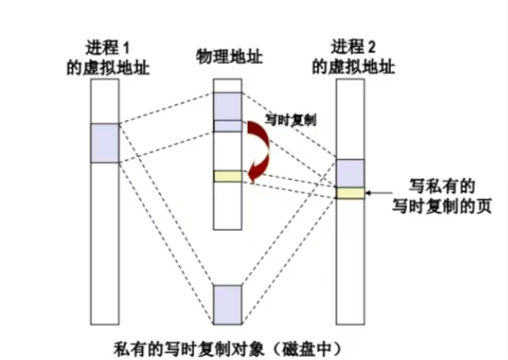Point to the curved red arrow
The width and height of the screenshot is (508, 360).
coord(260,151)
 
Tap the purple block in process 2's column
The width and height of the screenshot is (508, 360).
coord(350,173)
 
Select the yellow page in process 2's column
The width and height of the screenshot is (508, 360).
coord(350,193)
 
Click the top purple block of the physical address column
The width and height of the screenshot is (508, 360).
coord(226,105)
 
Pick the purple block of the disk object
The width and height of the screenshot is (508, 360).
coord(226,303)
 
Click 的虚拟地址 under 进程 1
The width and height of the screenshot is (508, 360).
coord(108,68)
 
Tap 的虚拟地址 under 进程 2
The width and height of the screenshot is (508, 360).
coord(352,68)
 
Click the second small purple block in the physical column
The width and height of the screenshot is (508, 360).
coord(226,125)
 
